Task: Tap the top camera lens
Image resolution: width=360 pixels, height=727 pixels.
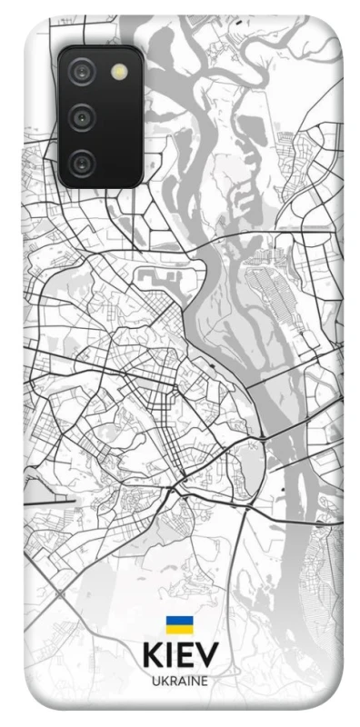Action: coord(83,71)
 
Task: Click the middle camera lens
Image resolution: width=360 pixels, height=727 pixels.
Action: coord(83,116)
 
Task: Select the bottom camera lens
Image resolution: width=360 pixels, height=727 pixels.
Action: coord(83,163)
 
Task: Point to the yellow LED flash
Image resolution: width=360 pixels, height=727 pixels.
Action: coord(118,71)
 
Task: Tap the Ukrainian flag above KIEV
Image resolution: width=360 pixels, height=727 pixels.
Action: coord(179,623)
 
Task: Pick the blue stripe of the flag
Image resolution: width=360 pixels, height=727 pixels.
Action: coord(179,620)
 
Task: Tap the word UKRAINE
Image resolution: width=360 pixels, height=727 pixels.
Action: coord(179,680)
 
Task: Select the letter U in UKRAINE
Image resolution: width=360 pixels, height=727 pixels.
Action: coord(155,680)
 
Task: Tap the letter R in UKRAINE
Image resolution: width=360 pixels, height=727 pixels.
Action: coord(171,680)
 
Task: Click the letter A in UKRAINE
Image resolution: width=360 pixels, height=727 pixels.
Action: coord(180,680)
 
